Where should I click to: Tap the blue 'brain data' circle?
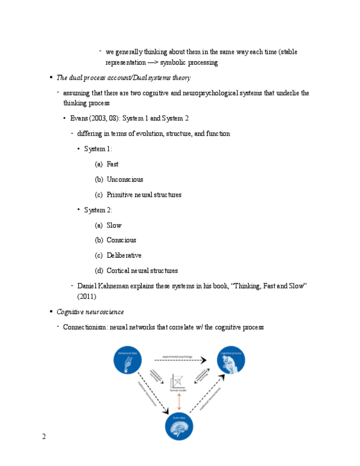pos(179,426)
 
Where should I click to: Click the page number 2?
pos(44,437)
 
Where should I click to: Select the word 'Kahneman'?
pos(115,286)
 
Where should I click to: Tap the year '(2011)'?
pos(87,297)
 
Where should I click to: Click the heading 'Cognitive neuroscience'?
pos(90,312)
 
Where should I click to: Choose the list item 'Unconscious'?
pos(125,180)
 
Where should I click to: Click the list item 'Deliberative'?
pos(124,256)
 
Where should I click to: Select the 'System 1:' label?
pos(98,149)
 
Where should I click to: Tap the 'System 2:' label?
pos(98,210)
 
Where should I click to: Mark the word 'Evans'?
pos(80,118)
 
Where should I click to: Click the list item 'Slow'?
pos(114,225)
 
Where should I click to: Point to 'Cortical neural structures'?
pos(142,271)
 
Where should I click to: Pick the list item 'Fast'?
pos(112,164)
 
